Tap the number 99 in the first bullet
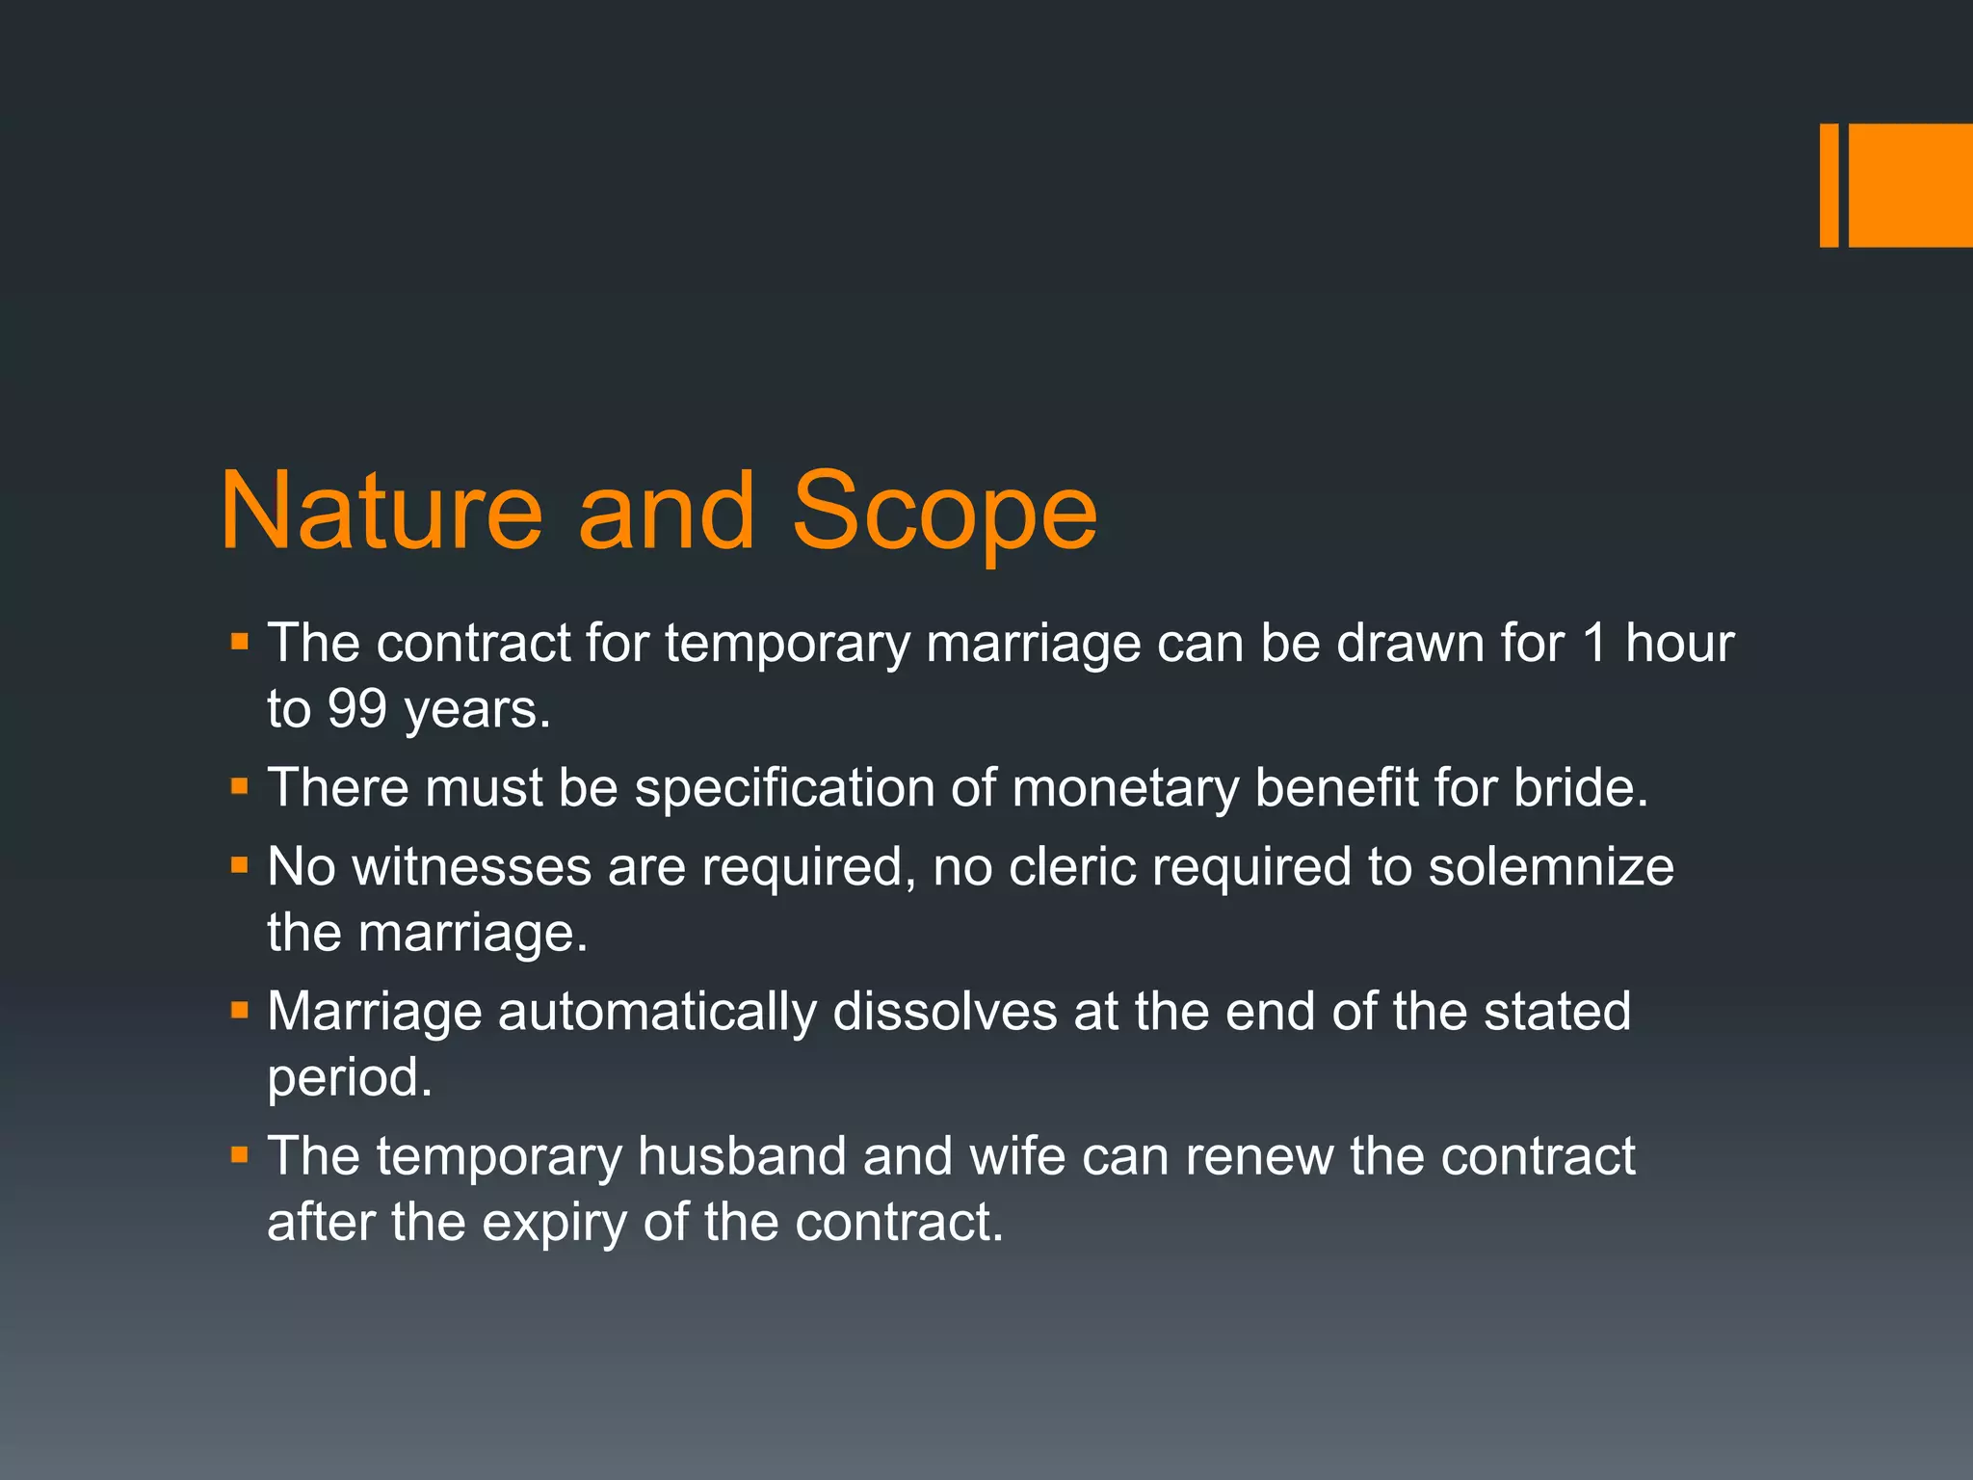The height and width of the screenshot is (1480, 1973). tap(356, 709)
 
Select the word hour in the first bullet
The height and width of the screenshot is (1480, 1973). tap(1679, 643)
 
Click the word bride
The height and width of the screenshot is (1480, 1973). tap(1580, 788)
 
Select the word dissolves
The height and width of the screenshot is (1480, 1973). tap(944, 1012)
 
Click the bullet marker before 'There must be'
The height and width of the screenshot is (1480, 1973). tap(240, 787)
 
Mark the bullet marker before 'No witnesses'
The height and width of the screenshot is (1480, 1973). tap(240, 866)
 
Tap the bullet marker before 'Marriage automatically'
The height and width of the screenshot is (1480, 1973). tap(240, 1011)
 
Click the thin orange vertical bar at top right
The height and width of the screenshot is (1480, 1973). tap(1828, 185)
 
